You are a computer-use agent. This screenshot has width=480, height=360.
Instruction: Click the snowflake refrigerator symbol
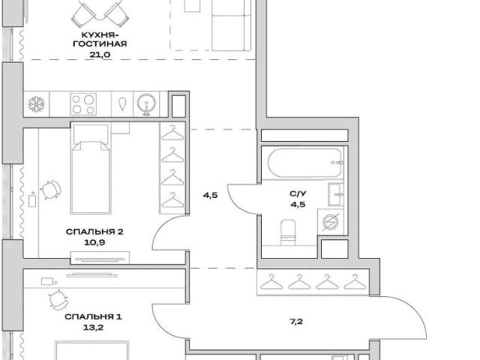pyautogui.click(x=37, y=104)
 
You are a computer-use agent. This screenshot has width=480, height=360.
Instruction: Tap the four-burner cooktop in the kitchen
pyautogui.click(x=83, y=104)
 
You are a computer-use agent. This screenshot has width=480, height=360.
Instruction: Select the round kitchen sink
pyautogui.click(x=147, y=103)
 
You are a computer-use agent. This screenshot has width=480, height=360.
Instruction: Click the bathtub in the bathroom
pyautogui.click(x=305, y=163)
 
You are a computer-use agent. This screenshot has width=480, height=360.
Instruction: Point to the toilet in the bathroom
pyautogui.click(x=288, y=232)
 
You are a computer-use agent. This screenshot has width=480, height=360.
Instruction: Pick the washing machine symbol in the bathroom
pyautogui.click(x=331, y=222)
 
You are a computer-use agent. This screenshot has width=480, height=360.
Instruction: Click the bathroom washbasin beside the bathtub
pyautogui.click(x=336, y=194)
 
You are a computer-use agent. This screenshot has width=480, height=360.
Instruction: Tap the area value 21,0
pyautogui.click(x=100, y=55)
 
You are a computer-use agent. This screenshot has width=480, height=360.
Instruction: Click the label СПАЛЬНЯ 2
pyautogui.click(x=94, y=232)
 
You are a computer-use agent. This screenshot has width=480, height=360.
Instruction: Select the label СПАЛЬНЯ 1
pyautogui.click(x=93, y=316)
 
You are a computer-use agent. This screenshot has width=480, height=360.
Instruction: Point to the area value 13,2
pyautogui.click(x=93, y=328)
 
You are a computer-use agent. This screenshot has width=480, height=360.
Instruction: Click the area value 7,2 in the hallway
pyautogui.click(x=296, y=322)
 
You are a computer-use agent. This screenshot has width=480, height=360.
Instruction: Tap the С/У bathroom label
pyautogui.click(x=298, y=193)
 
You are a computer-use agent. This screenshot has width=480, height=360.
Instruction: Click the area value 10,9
pyautogui.click(x=94, y=243)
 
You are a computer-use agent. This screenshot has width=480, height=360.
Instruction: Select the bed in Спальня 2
pyautogui.click(x=91, y=168)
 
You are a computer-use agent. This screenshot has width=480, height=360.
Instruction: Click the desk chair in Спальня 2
pyautogui.click(x=50, y=190)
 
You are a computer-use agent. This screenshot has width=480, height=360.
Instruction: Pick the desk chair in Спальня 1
pyautogui.click(x=58, y=299)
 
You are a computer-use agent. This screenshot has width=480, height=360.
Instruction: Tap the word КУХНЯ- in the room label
pyautogui.click(x=100, y=34)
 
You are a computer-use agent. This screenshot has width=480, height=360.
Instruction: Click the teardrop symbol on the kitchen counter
pyautogui.click(x=123, y=104)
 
